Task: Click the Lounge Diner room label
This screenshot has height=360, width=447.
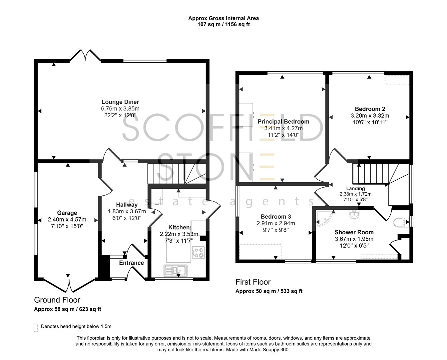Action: click(120, 102)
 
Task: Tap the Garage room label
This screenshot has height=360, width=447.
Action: click(67, 213)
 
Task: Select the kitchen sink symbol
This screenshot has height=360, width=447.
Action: click(175, 269)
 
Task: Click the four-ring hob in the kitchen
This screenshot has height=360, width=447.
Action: click(198, 252)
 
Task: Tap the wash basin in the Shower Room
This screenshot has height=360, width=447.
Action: click(354, 214)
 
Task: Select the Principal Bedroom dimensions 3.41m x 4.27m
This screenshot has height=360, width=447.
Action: click(283, 128)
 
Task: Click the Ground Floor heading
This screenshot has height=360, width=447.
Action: click(57, 300)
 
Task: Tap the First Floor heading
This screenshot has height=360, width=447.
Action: click(253, 282)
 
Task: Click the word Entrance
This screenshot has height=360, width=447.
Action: click(131, 263)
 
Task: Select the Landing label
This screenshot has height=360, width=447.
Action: click(355, 189)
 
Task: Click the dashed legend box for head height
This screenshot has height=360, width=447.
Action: click(36, 327)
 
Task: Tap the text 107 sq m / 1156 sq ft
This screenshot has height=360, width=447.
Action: click(223, 24)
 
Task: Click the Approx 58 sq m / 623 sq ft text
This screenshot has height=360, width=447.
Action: click(67, 309)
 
